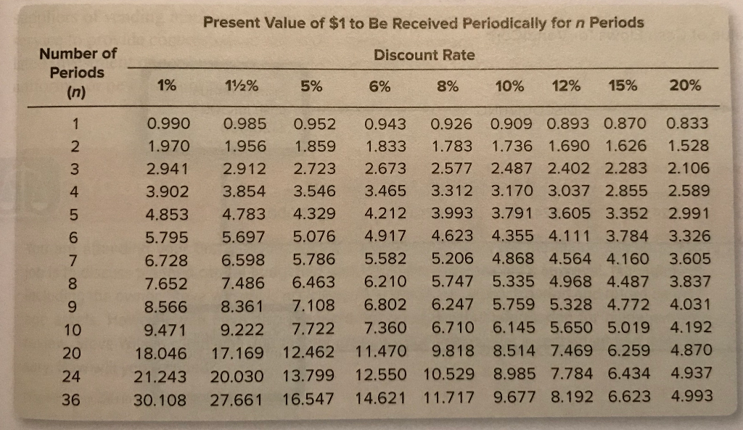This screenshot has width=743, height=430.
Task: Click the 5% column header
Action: (x=313, y=86)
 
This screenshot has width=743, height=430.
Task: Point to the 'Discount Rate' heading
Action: (x=424, y=55)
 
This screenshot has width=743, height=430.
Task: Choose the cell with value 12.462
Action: (x=310, y=353)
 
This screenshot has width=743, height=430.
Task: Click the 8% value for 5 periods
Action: (x=451, y=214)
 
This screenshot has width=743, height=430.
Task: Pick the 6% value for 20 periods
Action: (x=382, y=352)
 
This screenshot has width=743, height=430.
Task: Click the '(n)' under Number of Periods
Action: (x=76, y=93)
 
